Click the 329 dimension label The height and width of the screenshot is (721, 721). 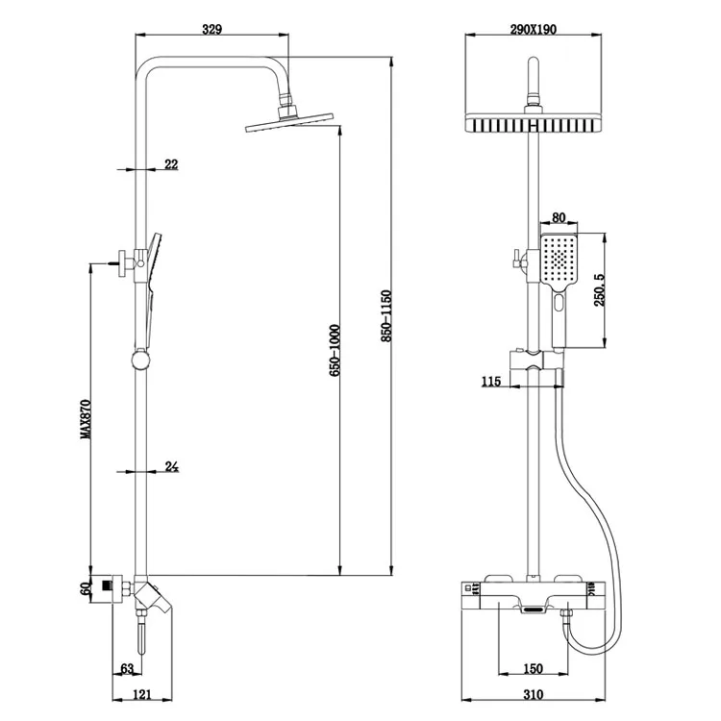[x=212, y=29]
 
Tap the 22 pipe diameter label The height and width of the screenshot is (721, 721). [x=171, y=164]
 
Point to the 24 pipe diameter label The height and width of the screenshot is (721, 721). [x=172, y=467]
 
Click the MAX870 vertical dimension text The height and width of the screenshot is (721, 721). [x=86, y=420]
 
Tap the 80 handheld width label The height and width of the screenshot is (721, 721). [x=559, y=217]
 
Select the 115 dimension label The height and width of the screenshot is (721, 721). [x=491, y=382]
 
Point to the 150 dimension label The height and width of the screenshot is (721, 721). [x=535, y=669]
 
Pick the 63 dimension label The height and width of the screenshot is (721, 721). [x=126, y=669]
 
